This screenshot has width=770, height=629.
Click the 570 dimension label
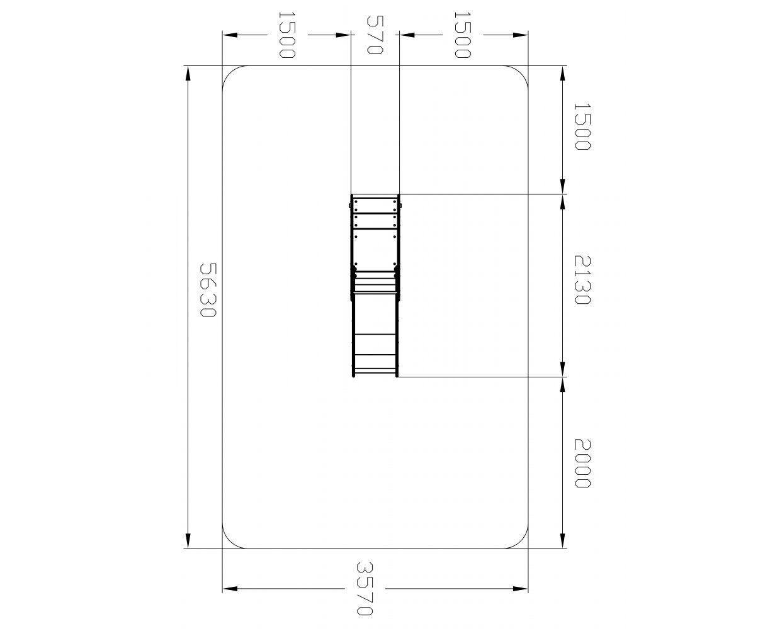(375, 35)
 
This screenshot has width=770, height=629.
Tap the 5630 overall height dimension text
(208, 290)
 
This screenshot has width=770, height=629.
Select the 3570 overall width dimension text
(365, 589)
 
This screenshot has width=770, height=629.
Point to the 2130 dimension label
(582, 280)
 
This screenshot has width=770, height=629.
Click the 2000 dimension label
(582, 464)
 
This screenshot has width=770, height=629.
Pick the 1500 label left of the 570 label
(287, 35)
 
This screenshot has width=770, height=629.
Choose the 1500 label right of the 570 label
(462, 35)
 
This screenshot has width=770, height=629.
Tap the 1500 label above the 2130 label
(582, 126)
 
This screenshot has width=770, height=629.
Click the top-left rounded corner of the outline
(230, 73)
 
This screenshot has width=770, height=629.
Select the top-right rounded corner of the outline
(521, 73)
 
